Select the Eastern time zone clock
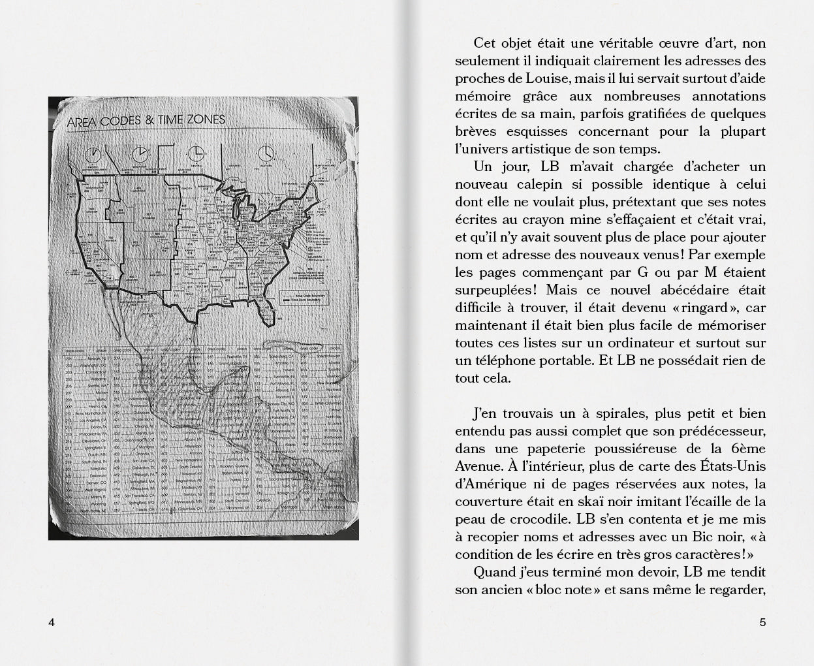pos(265,153)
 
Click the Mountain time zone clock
pos(140,154)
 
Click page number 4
pos(52,622)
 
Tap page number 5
pos(762,622)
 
